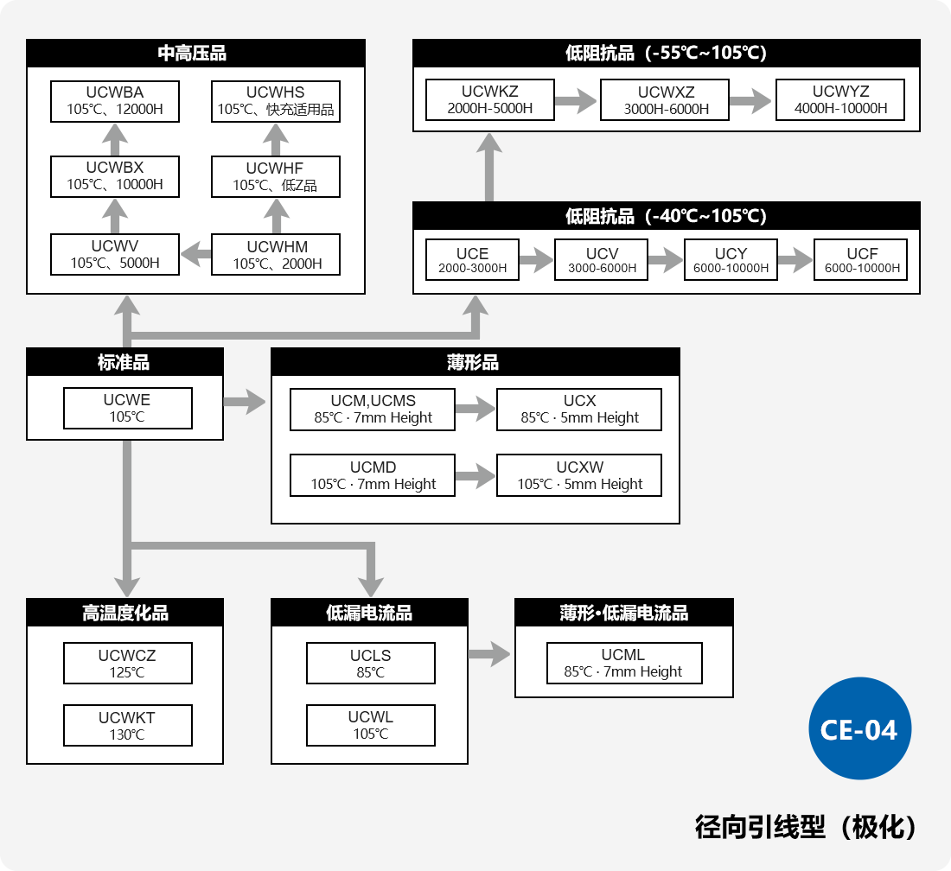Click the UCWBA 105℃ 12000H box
tap(115, 101)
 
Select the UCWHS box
tap(276, 101)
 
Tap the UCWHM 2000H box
tap(276, 255)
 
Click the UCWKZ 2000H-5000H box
tap(489, 100)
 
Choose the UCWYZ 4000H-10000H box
tap(840, 100)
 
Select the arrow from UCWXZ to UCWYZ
tap(751, 100)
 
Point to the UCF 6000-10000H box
tap(861, 260)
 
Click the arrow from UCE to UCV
tap(536, 260)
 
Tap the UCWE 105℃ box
tap(127, 408)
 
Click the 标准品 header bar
tap(124, 362)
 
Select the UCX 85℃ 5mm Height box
tap(579, 410)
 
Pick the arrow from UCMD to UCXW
tap(475, 475)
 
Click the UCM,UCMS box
tap(373, 410)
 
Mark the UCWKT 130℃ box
tap(127, 726)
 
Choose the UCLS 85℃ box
tap(370, 664)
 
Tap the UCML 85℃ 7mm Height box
tap(623, 664)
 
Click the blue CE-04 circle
tap(859, 728)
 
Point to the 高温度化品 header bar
tap(124, 613)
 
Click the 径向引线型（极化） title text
tap(805, 827)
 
